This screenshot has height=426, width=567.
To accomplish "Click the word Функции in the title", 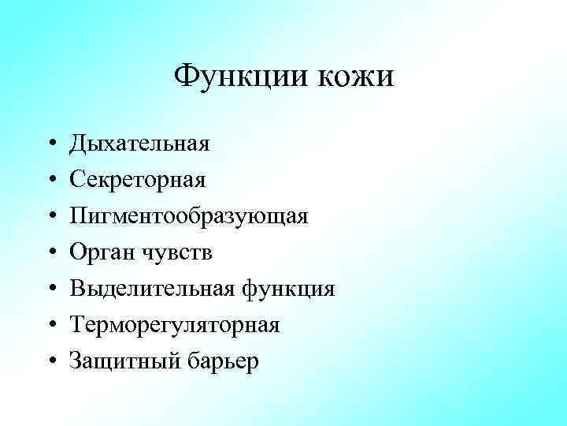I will point(239,77).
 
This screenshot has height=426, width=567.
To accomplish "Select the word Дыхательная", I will point(139,144).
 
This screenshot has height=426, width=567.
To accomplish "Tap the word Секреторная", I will point(138,181).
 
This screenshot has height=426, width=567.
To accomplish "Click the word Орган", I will point(100,253).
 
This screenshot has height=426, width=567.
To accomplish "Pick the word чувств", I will point(175,253).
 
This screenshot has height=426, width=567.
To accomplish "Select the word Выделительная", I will point(151,290).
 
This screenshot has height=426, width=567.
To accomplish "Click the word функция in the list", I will point(287,290).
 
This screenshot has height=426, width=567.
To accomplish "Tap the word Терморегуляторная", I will point(174,326).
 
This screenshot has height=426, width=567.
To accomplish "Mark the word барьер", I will point(223,362).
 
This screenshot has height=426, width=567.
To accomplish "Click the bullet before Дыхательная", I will point(49,145).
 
